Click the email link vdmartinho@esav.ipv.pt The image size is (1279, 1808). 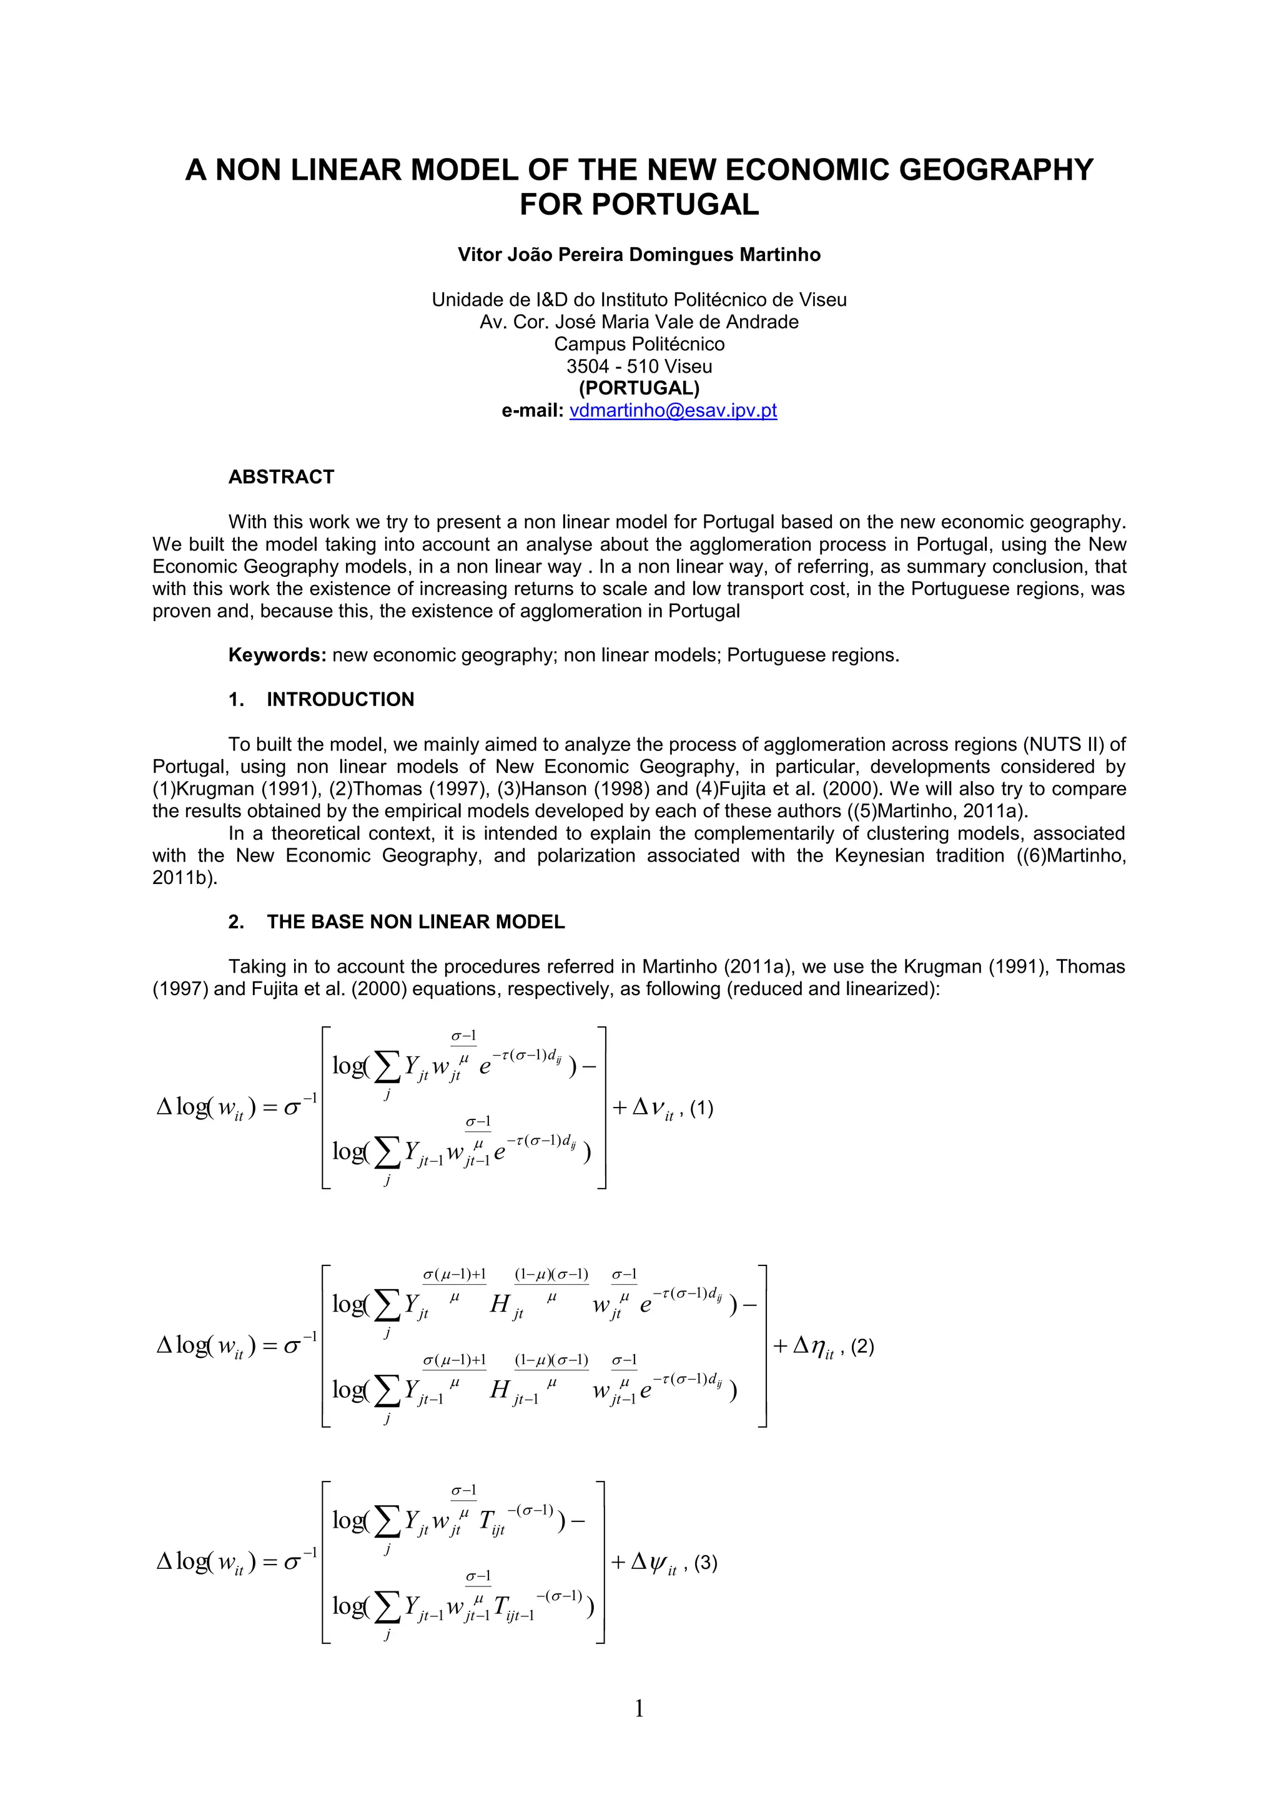pos(673,410)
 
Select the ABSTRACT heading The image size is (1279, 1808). pos(281,476)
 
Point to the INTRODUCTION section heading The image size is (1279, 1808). pos(340,699)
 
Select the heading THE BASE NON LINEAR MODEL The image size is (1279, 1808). pos(415,921)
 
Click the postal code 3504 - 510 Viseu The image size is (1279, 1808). pos(639,366)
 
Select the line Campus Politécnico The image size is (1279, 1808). pos(639,344)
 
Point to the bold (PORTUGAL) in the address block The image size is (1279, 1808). pos(639,388)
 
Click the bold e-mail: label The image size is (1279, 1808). pos(532,410)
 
